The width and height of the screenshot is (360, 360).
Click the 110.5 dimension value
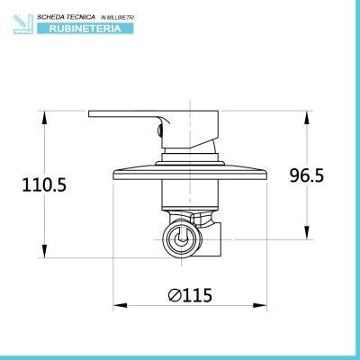pos(44,184)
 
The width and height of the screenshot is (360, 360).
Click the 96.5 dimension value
pos(307,175)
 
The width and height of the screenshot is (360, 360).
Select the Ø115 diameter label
pos(190,294)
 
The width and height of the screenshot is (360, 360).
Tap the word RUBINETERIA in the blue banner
pos(85,29)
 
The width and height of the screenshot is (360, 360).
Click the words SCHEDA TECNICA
pos(66,17)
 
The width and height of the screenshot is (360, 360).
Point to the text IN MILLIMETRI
pos(117,18)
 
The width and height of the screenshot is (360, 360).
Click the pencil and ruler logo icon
pos(23,24)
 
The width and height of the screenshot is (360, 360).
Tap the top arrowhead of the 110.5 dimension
pos(44,118)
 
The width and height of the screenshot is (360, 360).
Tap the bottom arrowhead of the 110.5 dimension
pos(44,251)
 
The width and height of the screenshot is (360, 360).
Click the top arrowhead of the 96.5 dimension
pos(307,118)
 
